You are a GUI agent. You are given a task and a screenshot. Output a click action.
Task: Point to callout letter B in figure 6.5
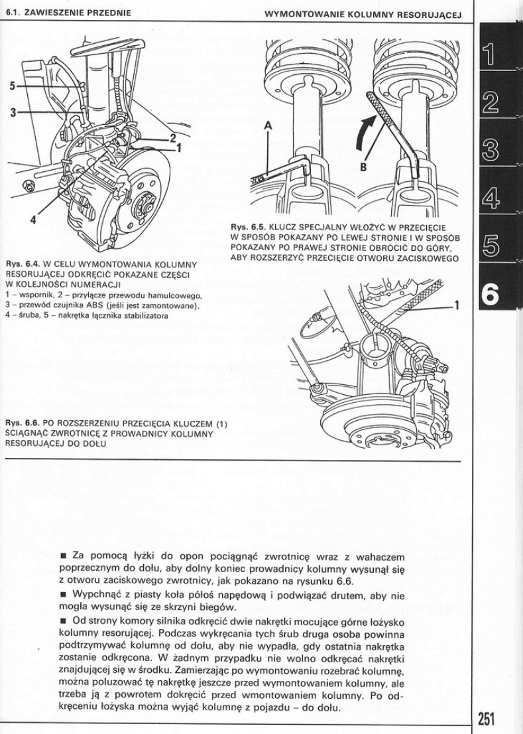[364, 167]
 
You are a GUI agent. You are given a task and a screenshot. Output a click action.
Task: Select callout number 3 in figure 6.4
[13, 111]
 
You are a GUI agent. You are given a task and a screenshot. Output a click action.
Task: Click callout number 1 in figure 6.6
[456, 306]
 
